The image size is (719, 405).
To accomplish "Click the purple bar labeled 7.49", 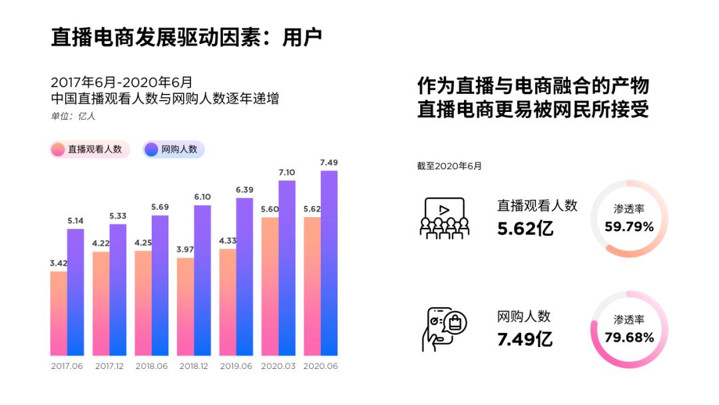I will [x=329, y=263].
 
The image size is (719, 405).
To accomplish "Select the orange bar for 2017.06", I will [x=59, y=313].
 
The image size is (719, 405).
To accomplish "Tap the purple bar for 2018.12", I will [x=202, y=280].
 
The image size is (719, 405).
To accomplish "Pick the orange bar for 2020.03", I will [x=270, y=286].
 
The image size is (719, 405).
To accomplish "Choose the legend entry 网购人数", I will [x=174, y=149].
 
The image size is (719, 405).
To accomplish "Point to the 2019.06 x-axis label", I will [x=236, y=366].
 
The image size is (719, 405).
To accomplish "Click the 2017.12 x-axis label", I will [x=109, y=366].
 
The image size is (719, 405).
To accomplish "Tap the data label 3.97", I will [x=185, y=249].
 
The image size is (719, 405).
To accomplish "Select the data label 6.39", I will [x=244, y=190].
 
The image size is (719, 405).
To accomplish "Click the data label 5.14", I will [x=75, y=220].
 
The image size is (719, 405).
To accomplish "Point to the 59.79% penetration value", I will [x=629, y=226].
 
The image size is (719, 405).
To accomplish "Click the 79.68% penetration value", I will [x=629, y=338].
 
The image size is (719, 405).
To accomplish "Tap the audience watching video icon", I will [x=444, y=218].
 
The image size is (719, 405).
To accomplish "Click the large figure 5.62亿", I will [x=525, y=228].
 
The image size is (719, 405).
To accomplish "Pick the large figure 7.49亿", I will [x=525, y=339].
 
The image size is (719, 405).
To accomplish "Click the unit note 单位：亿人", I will [x=74, y=116].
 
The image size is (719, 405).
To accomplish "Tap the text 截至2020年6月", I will [x=449, y=166].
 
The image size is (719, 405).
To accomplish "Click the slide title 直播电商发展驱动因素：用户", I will [x=186, y=37].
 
